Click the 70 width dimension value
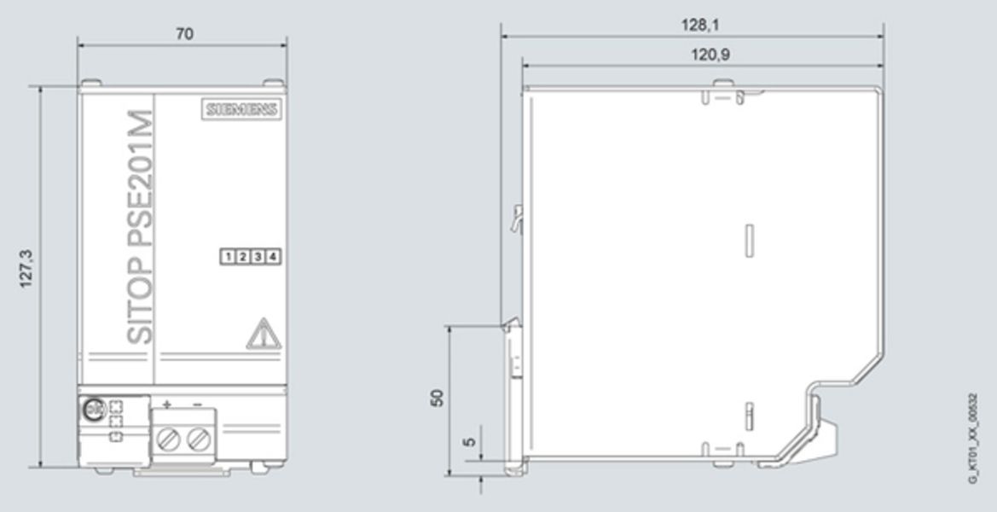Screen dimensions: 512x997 point(184,34)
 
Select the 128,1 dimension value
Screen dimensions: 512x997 point(699,26)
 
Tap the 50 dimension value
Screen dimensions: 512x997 point(438,397)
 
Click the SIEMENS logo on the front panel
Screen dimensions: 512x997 point(242,109)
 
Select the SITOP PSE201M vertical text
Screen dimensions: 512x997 point(140,226)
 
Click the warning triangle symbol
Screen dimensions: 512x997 point(264,335)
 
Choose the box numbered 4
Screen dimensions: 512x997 point(273,257)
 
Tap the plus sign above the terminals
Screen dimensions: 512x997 point(167,403)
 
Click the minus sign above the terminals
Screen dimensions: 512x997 point(198,403)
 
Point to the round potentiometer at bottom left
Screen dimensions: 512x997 point(92,410)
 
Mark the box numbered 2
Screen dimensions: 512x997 point(243,257)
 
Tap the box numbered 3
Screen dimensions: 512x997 point(258,257)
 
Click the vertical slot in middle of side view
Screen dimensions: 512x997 point(748,240)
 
